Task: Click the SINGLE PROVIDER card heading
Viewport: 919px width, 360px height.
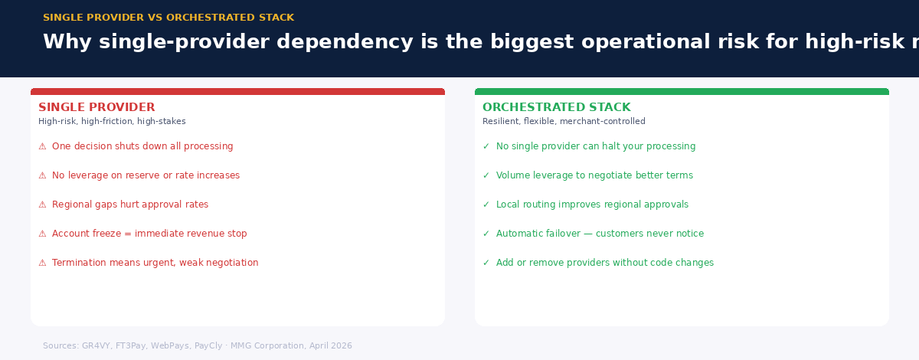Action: click(96, 108)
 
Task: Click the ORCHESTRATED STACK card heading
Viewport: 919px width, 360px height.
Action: click(556, 108)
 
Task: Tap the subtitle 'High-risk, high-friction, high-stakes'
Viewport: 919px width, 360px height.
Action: click(112, 122)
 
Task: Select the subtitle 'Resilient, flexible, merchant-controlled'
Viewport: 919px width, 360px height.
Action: click(564, 122)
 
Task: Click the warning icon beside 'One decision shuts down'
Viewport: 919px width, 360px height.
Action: click(42, 146)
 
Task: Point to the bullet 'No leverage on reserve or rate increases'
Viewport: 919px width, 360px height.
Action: click(146, 175)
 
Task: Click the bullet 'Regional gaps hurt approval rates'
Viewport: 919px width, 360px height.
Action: click(130, 205)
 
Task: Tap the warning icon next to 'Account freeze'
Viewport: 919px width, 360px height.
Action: click(42, 234)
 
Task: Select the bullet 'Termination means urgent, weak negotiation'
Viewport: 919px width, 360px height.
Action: click(155, 263)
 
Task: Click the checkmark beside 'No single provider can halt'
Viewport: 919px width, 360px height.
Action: click(486, 146)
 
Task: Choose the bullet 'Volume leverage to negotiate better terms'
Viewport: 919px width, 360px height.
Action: click(594, 175)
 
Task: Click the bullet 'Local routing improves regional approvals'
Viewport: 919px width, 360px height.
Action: click(592, 205)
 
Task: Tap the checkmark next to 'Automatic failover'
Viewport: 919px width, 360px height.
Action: click(486, 234)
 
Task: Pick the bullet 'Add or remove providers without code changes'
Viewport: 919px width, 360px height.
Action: click(604, 263)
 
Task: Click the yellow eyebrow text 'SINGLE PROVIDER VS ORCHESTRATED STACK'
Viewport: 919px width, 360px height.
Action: click(168, 18)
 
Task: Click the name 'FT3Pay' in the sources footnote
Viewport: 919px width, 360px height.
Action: click(130, 346)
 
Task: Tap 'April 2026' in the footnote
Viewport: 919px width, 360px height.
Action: click(330, 346)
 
